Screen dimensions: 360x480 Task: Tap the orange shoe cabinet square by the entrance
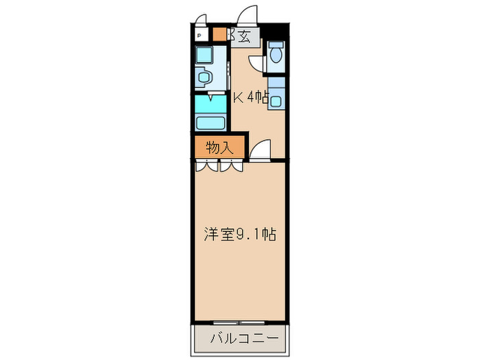coord(219,34)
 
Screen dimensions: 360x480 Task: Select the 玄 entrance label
coord(245,36)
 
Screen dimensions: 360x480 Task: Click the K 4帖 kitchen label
coord(250,97)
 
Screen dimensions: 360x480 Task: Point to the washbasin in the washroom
coord(204,76)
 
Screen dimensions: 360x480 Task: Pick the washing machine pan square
coord(204,56)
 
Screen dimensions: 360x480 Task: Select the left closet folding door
coord(206,165)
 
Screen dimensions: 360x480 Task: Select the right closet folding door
coord(231,165)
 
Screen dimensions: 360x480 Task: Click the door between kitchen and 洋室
coord(262,151)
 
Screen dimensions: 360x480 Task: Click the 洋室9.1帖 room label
coord(239,235)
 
